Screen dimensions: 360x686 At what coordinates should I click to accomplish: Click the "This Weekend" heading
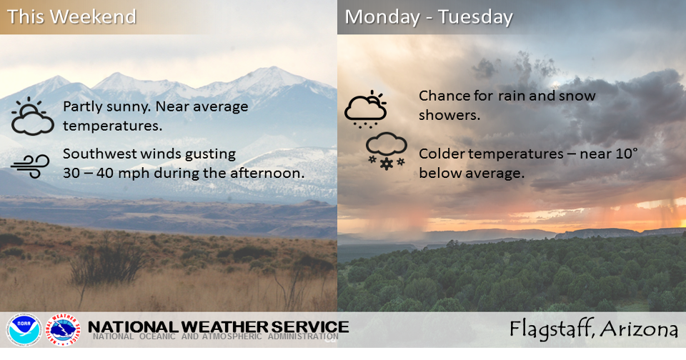coord(71,16)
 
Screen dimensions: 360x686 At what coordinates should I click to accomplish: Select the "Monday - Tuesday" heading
coord(429,16)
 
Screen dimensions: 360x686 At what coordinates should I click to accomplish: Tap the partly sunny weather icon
coord(33,116)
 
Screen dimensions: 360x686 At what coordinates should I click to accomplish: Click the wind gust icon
coord(30,164)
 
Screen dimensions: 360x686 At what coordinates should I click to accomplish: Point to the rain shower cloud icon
coord(365,109)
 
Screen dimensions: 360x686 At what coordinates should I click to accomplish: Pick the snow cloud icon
coord(386,151)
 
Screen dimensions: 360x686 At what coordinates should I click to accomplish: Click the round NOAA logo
coord(24,329)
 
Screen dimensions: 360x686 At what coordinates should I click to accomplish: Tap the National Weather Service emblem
coord(64,329)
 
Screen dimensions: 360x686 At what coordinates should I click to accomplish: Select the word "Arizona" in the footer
coord(639,329)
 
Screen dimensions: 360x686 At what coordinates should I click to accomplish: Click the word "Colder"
coord(442,154)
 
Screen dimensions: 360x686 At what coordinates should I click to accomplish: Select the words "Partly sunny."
coord(104,107)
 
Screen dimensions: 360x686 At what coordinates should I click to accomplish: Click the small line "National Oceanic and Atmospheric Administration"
coord(215,337)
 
